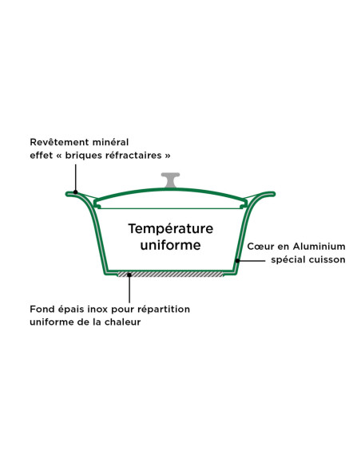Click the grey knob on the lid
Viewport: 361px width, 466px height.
click(x=170, y=180)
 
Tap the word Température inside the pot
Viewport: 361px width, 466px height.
click(x=171, y=229)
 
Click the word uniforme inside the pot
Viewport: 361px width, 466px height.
click(x=170, y=245)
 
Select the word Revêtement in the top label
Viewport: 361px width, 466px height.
click(x=59, y=142)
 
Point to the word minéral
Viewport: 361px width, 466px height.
click(x=110, y=142)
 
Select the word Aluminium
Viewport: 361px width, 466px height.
click(x=319, y=247)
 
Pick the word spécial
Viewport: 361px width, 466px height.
click(x=288, y=260)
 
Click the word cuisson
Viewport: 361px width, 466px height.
click(x=327, y=260)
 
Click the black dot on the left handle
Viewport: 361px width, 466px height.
click(x=76, y=192)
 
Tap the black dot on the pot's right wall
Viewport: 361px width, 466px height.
click(x=237, y=261)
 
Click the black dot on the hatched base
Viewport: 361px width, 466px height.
click(x=129, y=275)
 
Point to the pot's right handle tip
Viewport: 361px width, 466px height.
click(x=274, y=194)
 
